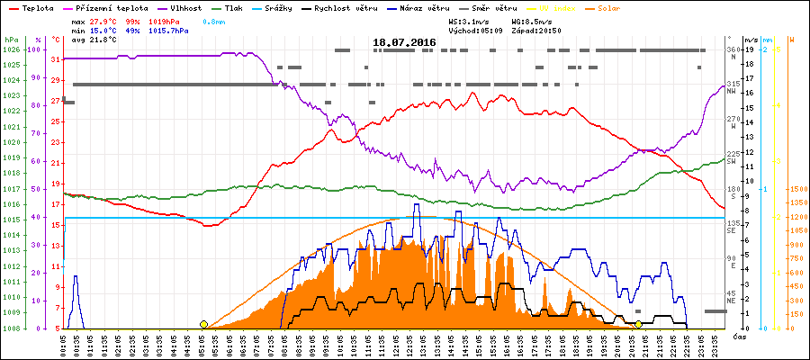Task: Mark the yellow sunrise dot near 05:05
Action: pos(204,324)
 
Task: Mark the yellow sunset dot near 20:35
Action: pos(638,324)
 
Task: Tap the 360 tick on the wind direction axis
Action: pos(733,49)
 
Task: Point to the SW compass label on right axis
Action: pos(733,159)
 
